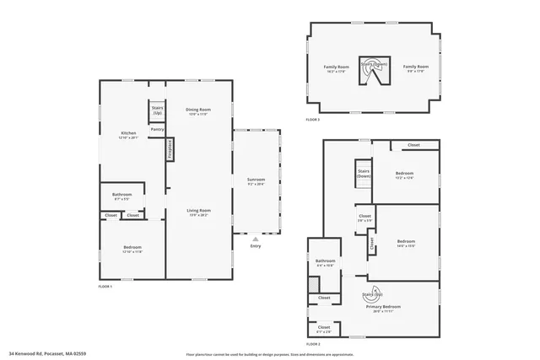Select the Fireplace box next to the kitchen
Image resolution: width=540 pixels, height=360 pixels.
coord(170,149)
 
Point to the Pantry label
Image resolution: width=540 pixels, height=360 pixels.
coord(157,129)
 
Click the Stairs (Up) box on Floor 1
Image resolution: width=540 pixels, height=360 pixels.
coord(156,110)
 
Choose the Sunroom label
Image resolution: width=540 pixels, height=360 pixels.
coord(256,181)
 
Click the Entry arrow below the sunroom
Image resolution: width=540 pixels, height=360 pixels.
coord(255,240)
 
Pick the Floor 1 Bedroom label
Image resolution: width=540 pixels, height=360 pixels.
coord(121,250)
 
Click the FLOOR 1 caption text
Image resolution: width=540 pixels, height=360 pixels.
coord(105,287)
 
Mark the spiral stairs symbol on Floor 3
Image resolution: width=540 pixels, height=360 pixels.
coord(371,71)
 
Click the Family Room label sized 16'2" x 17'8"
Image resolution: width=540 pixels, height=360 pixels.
coord(336,68)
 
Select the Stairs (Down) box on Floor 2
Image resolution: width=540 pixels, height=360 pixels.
coord(364,173)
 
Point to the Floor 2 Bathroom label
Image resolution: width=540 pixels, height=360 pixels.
coord(326,263)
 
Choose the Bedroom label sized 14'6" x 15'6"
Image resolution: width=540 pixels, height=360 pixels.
coord(406,243)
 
